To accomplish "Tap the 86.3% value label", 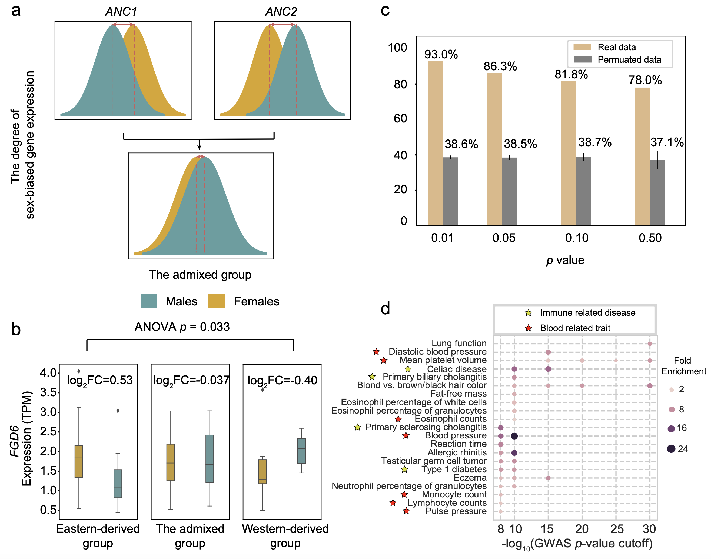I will (x=500, y=66).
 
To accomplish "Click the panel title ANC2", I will (x=281, y=12).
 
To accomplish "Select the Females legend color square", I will (x=216, y=301).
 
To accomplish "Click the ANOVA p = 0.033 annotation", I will (x=182, y=327).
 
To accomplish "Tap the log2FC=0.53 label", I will (x=100, y=380).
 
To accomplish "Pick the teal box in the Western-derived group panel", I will (x=301, y=451).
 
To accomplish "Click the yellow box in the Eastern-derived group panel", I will (x=79, y=461).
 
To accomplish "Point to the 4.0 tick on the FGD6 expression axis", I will (x=48, y=373).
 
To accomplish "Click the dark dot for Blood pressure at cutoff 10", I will (x=514, y=436).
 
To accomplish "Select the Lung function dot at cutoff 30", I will (x=650, y=344).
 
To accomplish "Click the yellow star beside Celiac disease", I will (x=408, y=369).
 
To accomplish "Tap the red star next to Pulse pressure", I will (x=406, y=511).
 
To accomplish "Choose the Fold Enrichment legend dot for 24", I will (x=671, y=449).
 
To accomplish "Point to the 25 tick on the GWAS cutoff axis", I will (x=617, y=529).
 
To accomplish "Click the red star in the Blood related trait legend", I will (x=528, y=328).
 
